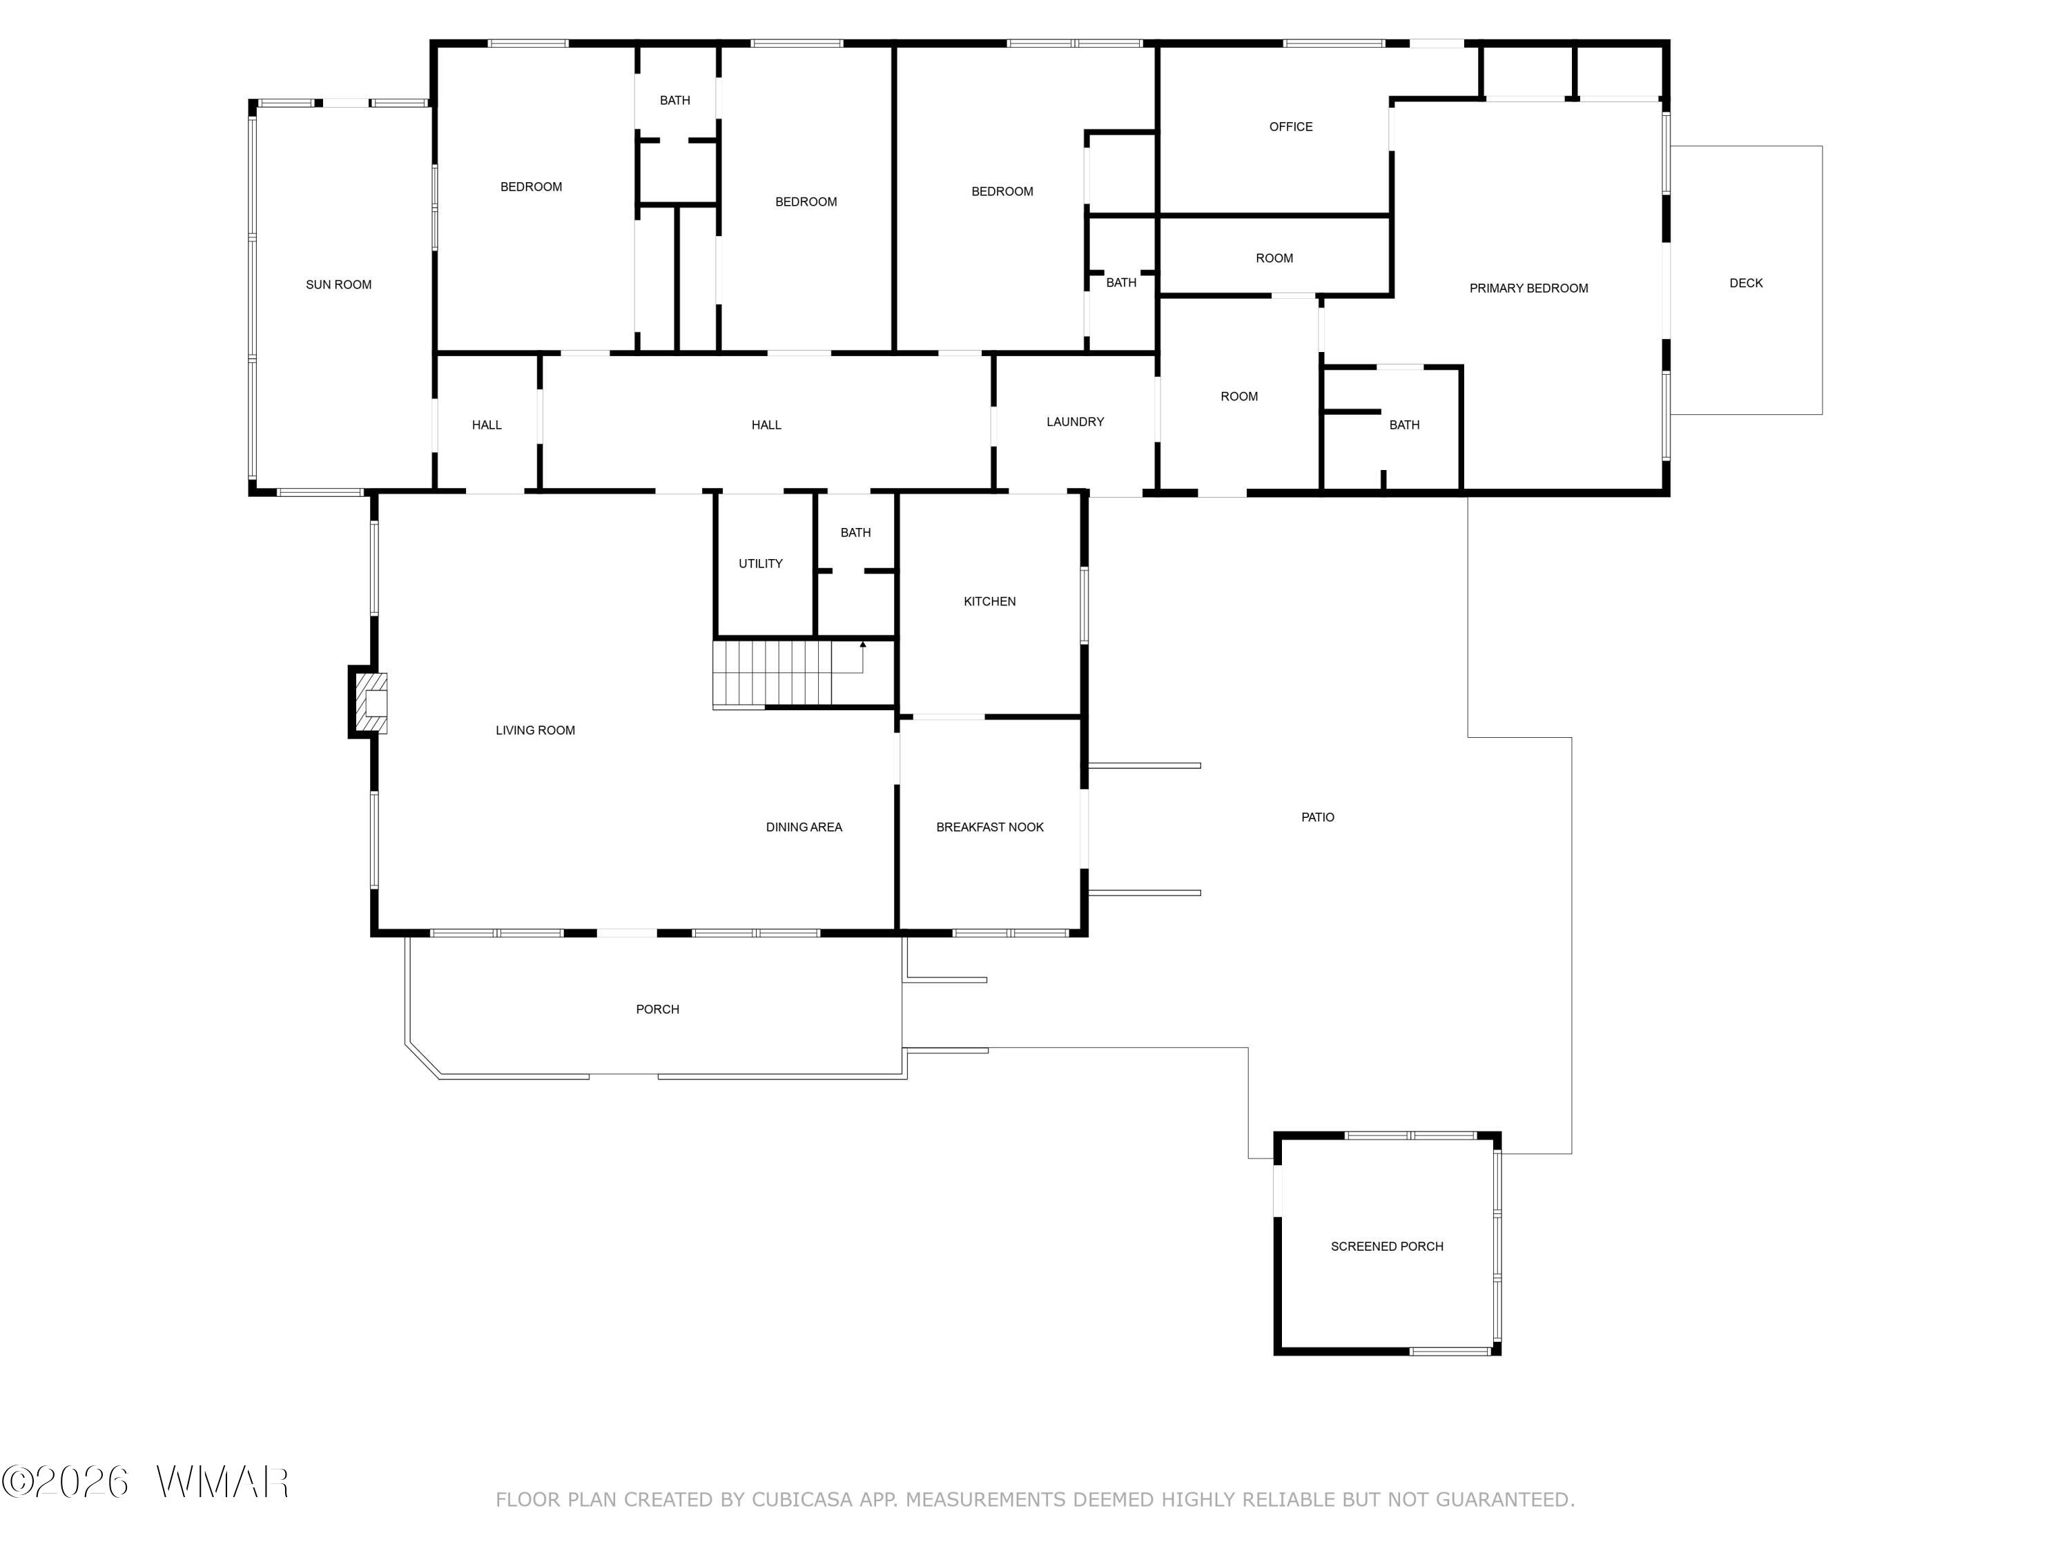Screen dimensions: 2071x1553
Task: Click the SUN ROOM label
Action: click(338, 284)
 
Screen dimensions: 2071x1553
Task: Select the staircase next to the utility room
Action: click(772, 674)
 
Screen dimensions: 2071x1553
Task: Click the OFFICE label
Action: click(1290, 126)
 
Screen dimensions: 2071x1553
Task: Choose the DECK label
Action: click(1745, 283)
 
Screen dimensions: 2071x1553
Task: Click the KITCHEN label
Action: click(990, 602)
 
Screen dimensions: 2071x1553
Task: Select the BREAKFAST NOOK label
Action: click(990, 828)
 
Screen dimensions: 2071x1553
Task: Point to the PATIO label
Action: click(1317, 817)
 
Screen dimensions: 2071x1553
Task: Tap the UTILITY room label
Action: click(760, 563)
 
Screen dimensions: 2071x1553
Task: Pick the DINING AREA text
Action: click(804, 828)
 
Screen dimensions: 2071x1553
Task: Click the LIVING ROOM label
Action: click(534, 731)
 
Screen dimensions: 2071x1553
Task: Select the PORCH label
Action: click(657, 1009)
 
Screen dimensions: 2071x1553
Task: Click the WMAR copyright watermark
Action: click(145, 1482)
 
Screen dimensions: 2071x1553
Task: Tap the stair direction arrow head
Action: click(862, 644)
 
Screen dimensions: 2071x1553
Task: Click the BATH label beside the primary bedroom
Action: click(1403, 425)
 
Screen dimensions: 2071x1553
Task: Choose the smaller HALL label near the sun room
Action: click(486, 425)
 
